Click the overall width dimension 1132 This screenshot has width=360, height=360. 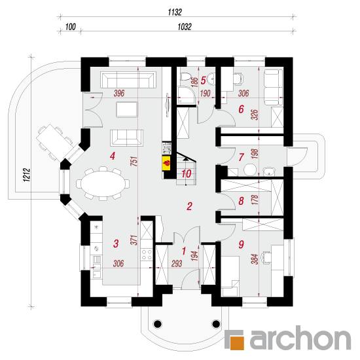point(175,12)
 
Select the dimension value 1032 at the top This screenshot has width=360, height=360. point(185,27)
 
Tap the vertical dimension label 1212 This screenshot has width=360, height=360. point(27,175)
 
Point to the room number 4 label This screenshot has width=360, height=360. point(113,156)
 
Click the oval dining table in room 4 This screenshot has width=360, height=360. point(103,184)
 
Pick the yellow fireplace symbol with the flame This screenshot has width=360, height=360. point(167,164)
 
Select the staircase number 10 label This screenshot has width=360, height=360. point(186,174)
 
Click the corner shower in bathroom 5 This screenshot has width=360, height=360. point(187,95)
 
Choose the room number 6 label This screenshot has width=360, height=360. point(241,109)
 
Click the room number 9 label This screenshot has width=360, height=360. point(241,244)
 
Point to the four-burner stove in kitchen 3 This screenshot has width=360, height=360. point(147,254)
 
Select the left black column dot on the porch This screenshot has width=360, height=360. point(158,324)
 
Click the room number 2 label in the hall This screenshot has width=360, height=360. point(189,206)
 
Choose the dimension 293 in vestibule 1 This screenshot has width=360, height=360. point(177,264)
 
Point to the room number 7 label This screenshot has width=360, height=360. point(241,157)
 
